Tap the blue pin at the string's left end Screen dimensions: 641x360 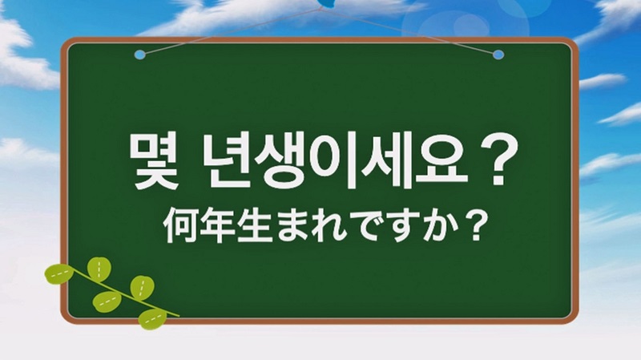[139, 55]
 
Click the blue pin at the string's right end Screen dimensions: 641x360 [498, 55]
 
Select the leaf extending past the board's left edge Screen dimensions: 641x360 [59, 273]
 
